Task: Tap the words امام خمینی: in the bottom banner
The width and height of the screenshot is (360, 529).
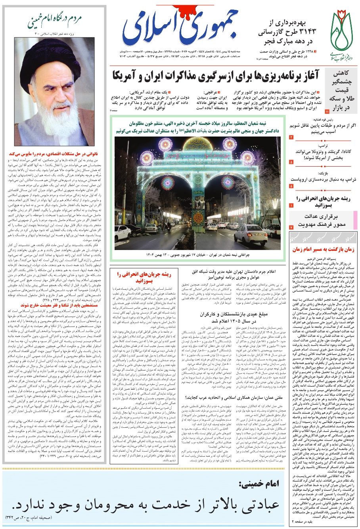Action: tap(259, 484)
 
